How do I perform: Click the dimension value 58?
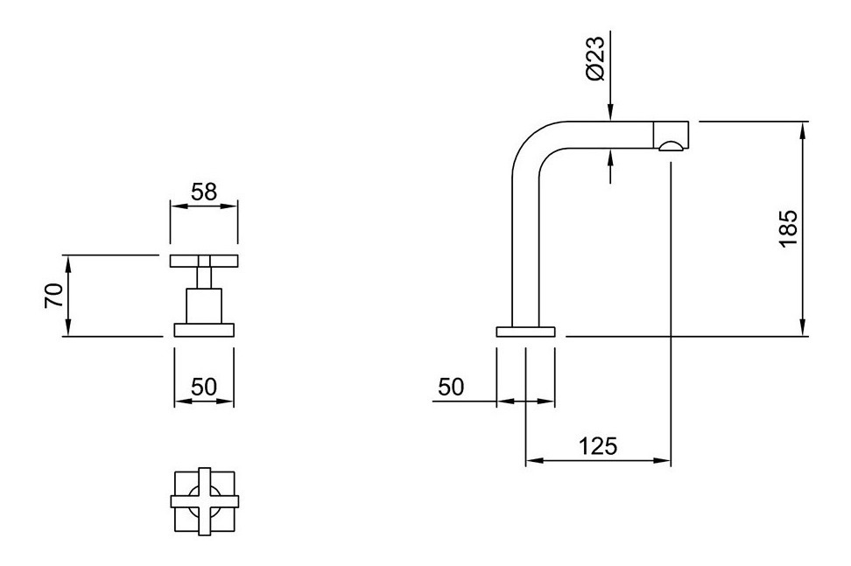pyautogui.click(x=203, y=192)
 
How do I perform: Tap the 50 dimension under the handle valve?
pyautogui.click(x=203, y=386)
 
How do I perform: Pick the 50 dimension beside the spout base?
pyautogui.click(x=451, y=387)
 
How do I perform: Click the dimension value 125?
pyautogui.click(x=598, y=445)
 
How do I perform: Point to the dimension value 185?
pyautogui.click(x=787, y=228)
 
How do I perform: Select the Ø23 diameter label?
pyautogui.click(x=595, y=60)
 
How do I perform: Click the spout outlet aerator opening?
pyautogui.click(x=672, y=146)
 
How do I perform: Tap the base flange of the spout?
pyautogui.click(x=525, y=331)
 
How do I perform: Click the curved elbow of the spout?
pyautogui.click(x=533, y=144)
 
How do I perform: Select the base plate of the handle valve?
pyautogui.click(x=204, y=329)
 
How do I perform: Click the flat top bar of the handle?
pyautogui.click(x=203, y=260)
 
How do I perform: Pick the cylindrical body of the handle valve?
pyautogui.click(x=204, y=306)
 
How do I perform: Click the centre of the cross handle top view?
pyautogui.click(x=204, y=501)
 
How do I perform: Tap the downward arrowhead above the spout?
pyautogui.click(x=610, y=114)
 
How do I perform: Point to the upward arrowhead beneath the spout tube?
pyautogui.click(x=610, y=155)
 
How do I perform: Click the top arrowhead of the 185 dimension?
pyautogui.click(x=803, y=128)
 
